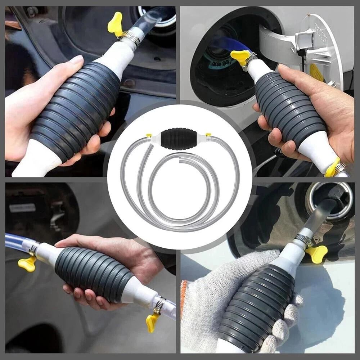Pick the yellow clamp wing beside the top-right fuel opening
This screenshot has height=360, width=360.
pyautogui.click(x=240, y=56)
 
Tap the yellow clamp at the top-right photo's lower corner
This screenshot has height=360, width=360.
pyautogui.click(x=333, y=167)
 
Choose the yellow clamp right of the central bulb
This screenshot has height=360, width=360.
pyautogui.click(x=208, y=135)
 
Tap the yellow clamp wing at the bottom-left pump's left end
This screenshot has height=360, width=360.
pyautogui.click(x=27, y=263)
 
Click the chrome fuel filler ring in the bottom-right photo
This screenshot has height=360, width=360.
pyautogui.click(x=329, y=202)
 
